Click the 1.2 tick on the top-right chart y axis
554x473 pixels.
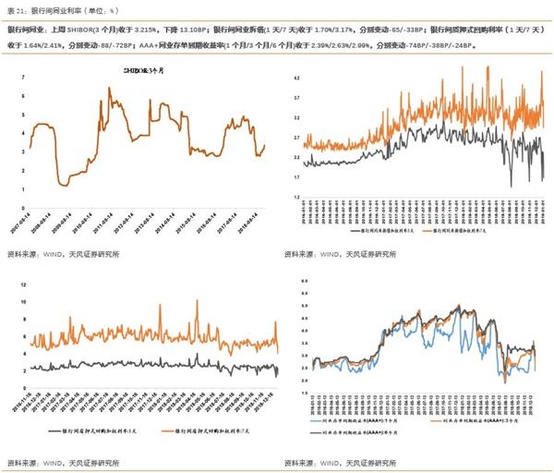[296, 198]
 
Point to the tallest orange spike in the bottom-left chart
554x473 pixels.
[196, 302]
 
